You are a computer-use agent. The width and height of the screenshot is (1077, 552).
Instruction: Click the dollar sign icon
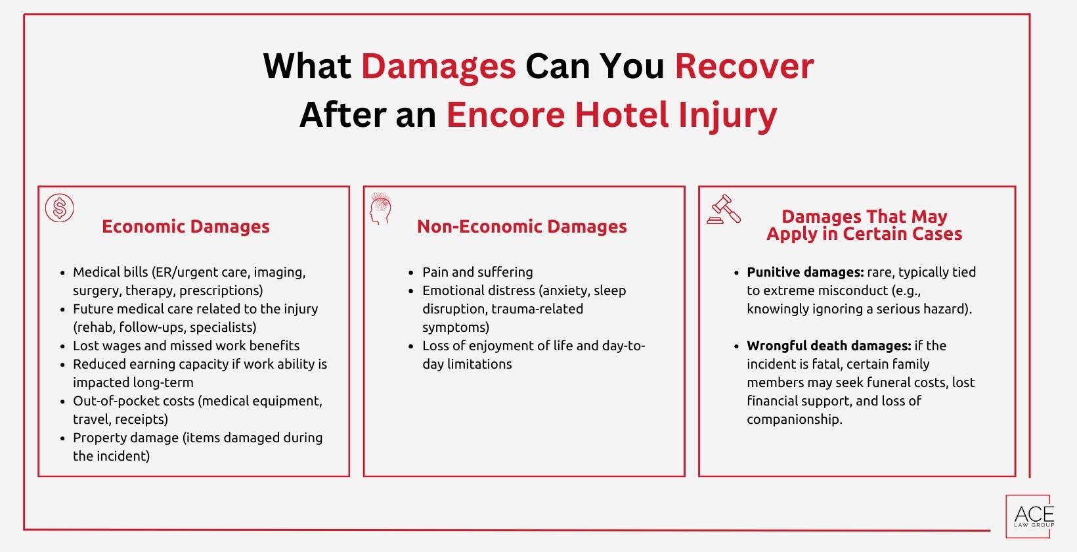tap(59, 209)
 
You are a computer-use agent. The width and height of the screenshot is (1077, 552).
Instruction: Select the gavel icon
tap(724, 210)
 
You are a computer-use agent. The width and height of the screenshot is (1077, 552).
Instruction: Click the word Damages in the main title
tap(438, 66)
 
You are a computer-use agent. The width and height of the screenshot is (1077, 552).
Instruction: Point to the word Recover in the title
tap(744, 66)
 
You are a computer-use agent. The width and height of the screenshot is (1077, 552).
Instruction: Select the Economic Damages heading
tap(186, 227)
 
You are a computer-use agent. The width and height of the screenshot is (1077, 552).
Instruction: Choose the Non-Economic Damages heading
tap(521, 227)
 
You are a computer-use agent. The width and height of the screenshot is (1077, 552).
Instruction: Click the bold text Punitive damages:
tap(804, 272)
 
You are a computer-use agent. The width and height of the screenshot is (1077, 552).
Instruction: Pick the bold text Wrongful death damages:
tap(828, 346)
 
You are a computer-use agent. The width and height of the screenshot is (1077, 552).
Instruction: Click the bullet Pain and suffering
tap(477, 272)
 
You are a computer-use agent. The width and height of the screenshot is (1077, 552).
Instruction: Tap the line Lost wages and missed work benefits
tap(186, 346)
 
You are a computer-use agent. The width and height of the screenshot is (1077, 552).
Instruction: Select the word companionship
tap(794, 419)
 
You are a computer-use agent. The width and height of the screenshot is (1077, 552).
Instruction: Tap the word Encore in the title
tap(505, 115)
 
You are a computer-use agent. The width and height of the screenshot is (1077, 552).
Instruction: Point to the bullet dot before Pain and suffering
tap(411, 273)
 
